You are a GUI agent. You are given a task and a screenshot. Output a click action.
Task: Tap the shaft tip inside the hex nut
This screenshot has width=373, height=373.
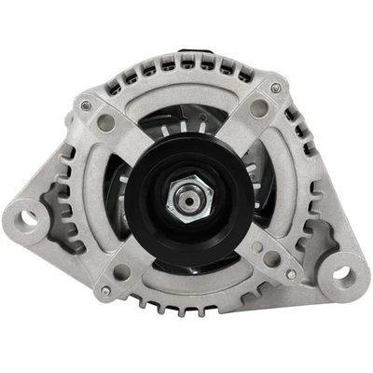coord(186,198)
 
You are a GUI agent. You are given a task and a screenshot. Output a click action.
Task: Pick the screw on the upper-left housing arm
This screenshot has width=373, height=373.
coord(88,106)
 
